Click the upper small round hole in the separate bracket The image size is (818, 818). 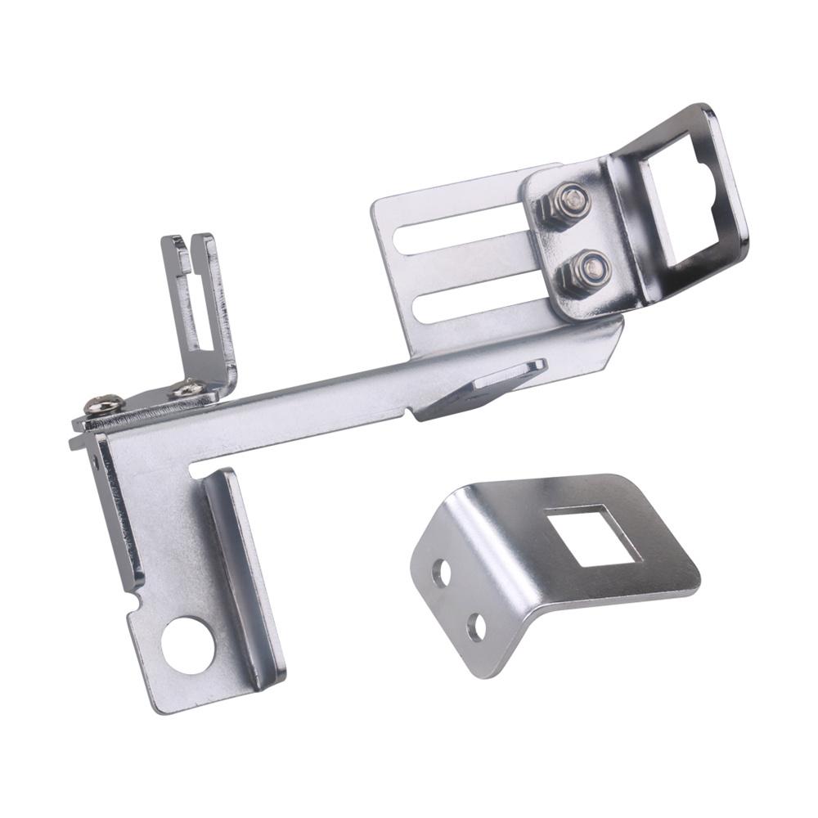coord(442,573)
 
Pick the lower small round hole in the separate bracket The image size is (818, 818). coord(476,627)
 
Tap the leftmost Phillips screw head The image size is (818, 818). coord(105,403)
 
